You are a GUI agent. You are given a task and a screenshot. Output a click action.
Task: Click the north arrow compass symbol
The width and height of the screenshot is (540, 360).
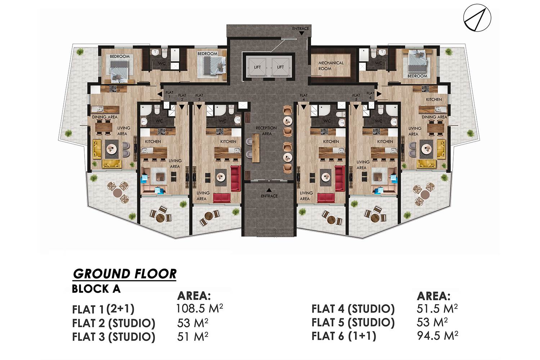pyautogui.click(x=477, y=18)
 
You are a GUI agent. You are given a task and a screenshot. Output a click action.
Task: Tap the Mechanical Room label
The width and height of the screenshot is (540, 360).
pyautogui.click(x=331, y=66)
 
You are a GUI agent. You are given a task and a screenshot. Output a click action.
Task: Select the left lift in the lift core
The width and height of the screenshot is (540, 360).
pyautogui.click(x=257, y=67)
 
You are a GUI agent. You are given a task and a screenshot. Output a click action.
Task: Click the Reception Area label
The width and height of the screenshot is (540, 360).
pyautogui.click(x=266, y=131)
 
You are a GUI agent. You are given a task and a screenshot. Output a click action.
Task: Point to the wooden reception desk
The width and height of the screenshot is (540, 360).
pyautogui.click(x=256, y=148)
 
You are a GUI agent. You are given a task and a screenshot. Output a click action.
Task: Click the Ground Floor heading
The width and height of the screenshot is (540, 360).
pyautogui.click(x=125, y=274)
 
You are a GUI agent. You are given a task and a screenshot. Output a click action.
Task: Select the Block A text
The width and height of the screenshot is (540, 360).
pyautogui.click(x=96, y=289)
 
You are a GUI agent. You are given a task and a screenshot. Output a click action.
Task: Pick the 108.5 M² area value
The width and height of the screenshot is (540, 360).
pyautogui.click(x=199, y=308)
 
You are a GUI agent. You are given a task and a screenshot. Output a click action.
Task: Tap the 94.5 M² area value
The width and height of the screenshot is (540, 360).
pyautogui.click(x=437, y=336)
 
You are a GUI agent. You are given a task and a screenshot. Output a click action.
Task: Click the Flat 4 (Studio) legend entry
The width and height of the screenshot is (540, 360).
pyautogui.click(x=353, y=309)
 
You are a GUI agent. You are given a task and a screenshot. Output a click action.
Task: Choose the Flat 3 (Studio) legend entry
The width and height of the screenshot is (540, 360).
pyautogui.click(x=113, y=337)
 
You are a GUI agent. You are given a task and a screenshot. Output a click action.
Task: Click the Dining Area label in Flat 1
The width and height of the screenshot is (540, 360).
pyautogui.click(x=105, y=117)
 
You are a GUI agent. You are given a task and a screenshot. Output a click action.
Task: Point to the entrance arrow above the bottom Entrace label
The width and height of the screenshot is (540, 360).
pyautogui.click(x=269, y=190)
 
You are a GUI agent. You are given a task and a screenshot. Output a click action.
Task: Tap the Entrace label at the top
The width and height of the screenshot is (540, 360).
pyautogui.click(x=300, y=28)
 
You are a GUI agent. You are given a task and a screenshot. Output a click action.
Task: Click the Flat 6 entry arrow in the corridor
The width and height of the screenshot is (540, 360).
pyautogui.click(x=379, y=94)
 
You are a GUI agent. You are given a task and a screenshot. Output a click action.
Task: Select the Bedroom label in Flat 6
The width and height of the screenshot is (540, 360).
pyautogui.click(x=417, y=76)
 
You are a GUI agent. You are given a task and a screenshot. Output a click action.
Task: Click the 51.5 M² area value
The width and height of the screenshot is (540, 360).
pyautogui.click(x=437, y=309)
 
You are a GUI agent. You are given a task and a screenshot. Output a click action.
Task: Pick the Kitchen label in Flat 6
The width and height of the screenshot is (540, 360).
pyautogui.click(x=434, y=99)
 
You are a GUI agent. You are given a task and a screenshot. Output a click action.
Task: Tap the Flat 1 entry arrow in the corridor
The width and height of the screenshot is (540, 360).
pyautogui.click(x=159, y=94)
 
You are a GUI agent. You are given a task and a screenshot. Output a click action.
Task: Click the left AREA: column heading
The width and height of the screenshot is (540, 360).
pyautogui.click(x=194, y=296)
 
